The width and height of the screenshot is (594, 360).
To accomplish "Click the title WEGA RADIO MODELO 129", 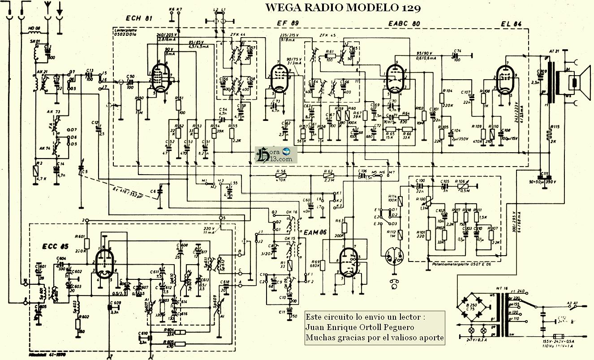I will (x=342, y=8).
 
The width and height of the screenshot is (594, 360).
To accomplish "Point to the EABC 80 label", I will (x=404, y=23).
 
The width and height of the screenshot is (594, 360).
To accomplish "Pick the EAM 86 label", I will (x=316, y=233).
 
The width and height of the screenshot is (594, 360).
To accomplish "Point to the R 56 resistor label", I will (x=281, y=171).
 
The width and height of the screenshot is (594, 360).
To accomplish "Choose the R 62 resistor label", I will (x=328, y=171).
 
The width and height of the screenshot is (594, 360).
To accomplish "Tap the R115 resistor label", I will (x=555, y=127).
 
